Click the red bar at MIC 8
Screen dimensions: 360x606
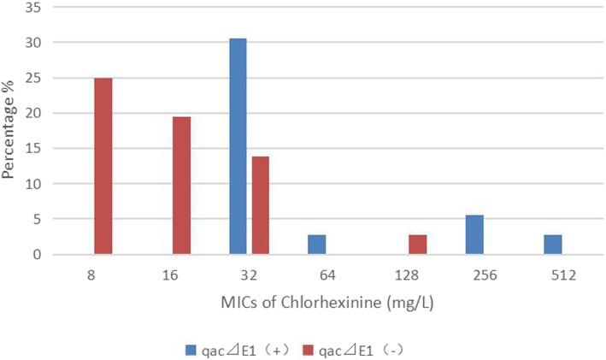[x=103, y=166]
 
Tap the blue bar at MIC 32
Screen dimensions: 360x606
[x=238, y=146]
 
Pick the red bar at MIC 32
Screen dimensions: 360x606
[x=260, y=205]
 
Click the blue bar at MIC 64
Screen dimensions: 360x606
[x=316, y=245]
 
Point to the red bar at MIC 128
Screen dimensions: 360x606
[x=417, y=245]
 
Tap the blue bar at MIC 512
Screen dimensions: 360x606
[x=552, y=245]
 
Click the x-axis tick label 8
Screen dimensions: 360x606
[x=91, y=275]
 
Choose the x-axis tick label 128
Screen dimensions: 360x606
[x=406, y=275]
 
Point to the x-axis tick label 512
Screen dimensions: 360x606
[x=563, y=275]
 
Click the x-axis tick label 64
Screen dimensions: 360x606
[x=327, y=275]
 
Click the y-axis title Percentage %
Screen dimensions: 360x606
[x=9, y=131]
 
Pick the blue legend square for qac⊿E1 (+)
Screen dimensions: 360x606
[x=191, y=349]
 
